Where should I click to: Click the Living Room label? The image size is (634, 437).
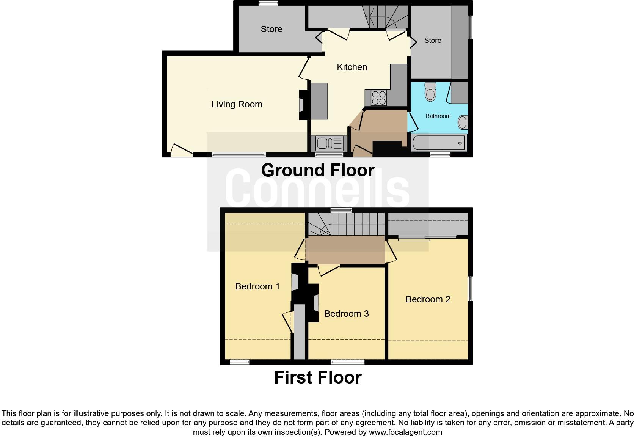point(237,104)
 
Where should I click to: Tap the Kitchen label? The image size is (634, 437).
point(352,67)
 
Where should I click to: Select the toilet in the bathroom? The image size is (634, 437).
point(430,92)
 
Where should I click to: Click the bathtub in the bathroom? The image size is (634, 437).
point(439,143)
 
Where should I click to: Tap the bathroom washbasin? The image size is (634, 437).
point(462,123)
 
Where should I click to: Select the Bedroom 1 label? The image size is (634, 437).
point(257,286)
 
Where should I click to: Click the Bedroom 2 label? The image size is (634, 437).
point(428,299)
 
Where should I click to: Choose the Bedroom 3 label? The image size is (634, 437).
point(346,314)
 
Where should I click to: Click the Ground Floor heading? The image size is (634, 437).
point(318,170)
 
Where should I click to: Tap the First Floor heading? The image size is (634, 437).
point(318,378)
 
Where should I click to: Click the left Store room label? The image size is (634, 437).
point(271,29)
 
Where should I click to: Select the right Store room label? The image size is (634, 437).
point(433,41)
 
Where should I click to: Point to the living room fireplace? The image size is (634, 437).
point(303,104)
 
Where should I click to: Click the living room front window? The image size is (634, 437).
point(239,154)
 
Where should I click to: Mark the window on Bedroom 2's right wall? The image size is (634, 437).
point(470,289)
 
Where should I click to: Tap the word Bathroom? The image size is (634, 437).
point(438,116)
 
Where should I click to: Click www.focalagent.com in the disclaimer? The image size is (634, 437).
point(405,432)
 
